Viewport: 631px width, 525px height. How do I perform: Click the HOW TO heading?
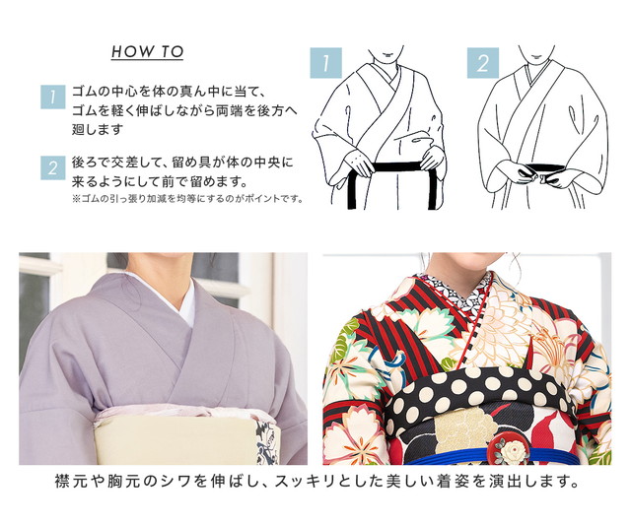tap(147, 52)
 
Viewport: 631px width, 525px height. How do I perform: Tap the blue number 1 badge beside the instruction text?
tap(52, 97)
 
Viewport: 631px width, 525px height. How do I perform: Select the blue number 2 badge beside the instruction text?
tap(52, 167)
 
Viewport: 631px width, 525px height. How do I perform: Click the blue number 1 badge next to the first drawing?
tap(326, 63)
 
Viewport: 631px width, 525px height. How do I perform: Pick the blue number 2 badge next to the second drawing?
tap(483, 63)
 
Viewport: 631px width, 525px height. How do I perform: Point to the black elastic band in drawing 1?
tap(390, 166)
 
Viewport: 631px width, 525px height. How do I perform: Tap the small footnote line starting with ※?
tap(187, 199)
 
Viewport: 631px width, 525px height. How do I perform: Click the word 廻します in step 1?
tap(98, 130)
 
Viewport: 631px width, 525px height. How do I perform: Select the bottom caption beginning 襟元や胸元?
tap(316, 482)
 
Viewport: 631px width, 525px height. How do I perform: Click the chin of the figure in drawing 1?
tap(387, 56)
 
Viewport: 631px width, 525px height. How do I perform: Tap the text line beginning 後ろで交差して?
tap(182, 163)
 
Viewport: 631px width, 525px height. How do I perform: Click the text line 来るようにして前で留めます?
tap(160, 181)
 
